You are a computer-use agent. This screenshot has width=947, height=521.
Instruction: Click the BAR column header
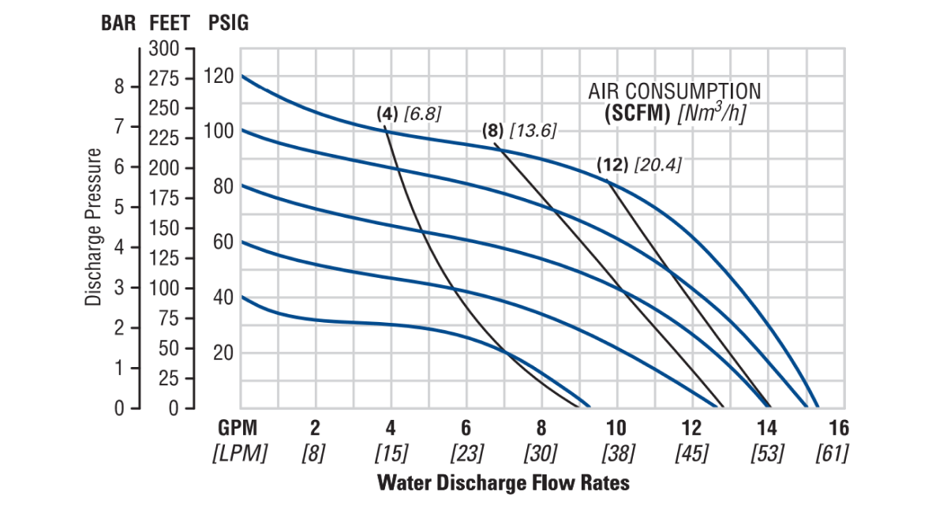[118, 23]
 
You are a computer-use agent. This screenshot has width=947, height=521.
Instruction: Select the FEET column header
[169, 23]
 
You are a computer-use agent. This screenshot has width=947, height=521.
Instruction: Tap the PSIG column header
[228, 23]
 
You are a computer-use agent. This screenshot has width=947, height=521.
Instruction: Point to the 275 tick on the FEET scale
[164, 78]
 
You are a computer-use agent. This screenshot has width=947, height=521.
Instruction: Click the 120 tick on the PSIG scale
[219, 77]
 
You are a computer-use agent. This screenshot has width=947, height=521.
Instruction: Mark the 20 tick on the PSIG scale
[223, 353]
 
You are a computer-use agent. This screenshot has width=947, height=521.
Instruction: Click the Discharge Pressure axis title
[95, 227]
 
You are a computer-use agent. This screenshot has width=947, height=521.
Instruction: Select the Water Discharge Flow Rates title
[503, 482]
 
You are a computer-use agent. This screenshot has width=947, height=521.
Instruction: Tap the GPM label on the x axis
[238, 429]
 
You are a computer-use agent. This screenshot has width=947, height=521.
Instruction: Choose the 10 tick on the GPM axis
[616, 429]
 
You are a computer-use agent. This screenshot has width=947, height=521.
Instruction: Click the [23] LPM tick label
[466, 454]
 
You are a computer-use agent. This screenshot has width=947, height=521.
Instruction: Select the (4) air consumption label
[387, 114]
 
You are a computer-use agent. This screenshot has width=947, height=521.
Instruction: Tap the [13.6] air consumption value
[533, 131]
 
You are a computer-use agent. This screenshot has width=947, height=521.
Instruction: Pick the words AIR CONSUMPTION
[675, 92]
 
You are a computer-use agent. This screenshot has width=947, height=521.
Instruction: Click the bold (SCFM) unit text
[638, 113]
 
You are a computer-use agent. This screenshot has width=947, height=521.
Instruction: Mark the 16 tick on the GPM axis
[839, 429]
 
